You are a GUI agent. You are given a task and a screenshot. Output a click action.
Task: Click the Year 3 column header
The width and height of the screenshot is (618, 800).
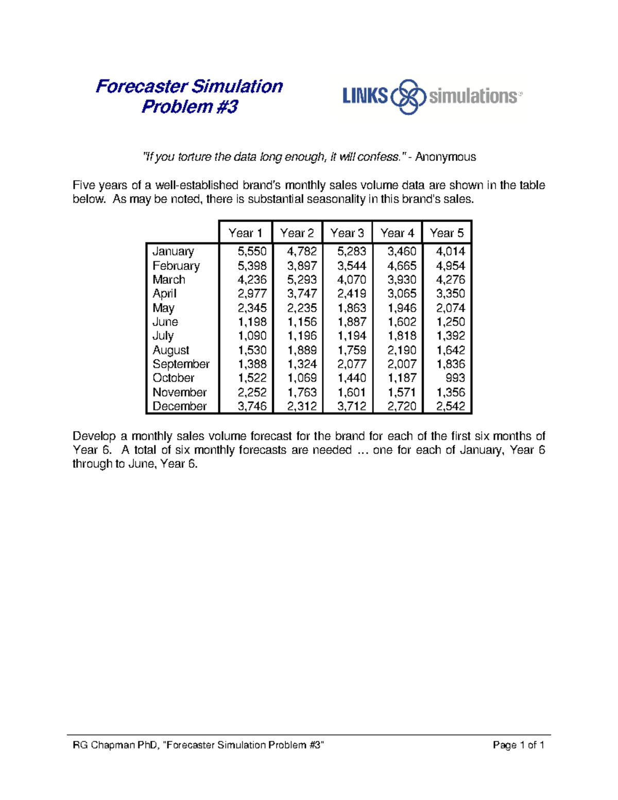[x=347, y=233]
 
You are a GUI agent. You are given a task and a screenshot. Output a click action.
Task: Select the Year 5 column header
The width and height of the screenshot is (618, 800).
[x=447, y=233]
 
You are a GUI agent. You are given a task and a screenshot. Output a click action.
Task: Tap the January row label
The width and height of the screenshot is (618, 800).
[x=173, y=251]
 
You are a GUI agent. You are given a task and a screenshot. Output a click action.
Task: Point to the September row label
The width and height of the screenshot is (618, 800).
[x=181, y=364]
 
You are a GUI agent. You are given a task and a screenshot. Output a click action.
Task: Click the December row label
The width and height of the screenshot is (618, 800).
[x=179, y=406]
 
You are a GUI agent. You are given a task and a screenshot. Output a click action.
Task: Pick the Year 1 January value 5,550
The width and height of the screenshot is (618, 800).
[x=252, y=251]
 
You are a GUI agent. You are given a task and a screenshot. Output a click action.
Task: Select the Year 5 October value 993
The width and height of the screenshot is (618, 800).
[x=455, y=378]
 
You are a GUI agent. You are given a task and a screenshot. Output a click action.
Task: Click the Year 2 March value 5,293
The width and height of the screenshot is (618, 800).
[x=302, y=280]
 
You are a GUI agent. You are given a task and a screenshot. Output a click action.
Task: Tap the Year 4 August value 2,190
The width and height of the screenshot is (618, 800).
[x=402, y=350]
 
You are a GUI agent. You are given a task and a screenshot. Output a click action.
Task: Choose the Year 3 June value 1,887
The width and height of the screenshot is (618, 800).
[x=352, y=322]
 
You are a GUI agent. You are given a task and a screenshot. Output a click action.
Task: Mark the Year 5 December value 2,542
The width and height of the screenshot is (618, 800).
[x=451, y=406]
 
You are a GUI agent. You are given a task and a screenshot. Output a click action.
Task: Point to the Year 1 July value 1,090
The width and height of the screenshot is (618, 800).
[x=252, y=336]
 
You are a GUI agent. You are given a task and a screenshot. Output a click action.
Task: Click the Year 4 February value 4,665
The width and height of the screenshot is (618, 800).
[x=402, y=266]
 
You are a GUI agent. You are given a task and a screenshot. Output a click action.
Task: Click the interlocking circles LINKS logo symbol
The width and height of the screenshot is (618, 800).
[x=408, y=96]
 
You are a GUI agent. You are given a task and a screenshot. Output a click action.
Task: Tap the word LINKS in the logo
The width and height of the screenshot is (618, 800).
[x=365, y=96]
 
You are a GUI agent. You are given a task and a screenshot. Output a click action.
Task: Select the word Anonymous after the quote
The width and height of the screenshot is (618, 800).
[x=445, y=157]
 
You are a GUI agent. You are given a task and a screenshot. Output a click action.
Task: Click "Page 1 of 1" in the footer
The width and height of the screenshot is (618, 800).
[x=518, y=745]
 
